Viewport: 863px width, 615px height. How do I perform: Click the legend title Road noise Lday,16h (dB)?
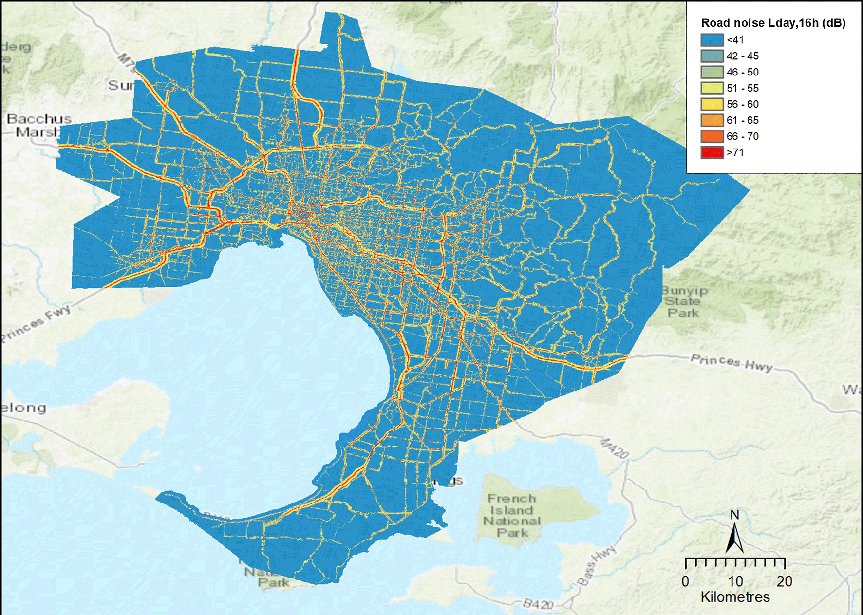[773, 23]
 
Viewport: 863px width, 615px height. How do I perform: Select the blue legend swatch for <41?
[712, 40]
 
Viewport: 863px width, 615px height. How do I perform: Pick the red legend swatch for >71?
[712, 152]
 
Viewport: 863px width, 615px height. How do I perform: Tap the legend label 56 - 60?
[742, 104]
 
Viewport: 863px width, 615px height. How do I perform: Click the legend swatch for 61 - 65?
[712, 120]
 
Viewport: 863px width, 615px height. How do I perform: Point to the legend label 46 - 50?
[742, 72]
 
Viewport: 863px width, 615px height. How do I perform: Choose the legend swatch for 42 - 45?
[712, 56]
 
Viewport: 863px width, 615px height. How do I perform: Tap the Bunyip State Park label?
[684, 301]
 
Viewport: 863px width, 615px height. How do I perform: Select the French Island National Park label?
[512, 516]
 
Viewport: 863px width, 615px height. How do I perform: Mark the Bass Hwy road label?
[597, 565]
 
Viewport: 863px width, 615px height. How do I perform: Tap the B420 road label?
[538, 604]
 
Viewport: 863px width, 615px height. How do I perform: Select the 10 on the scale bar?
[735, 581]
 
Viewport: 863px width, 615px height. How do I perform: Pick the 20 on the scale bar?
[784, 581]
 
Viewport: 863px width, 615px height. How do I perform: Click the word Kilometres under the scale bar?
[735, 597]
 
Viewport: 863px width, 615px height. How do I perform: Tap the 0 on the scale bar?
[685, 581]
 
